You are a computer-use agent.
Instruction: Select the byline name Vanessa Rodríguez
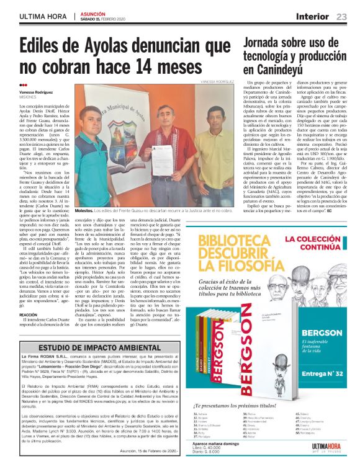(x=36, y=92)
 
